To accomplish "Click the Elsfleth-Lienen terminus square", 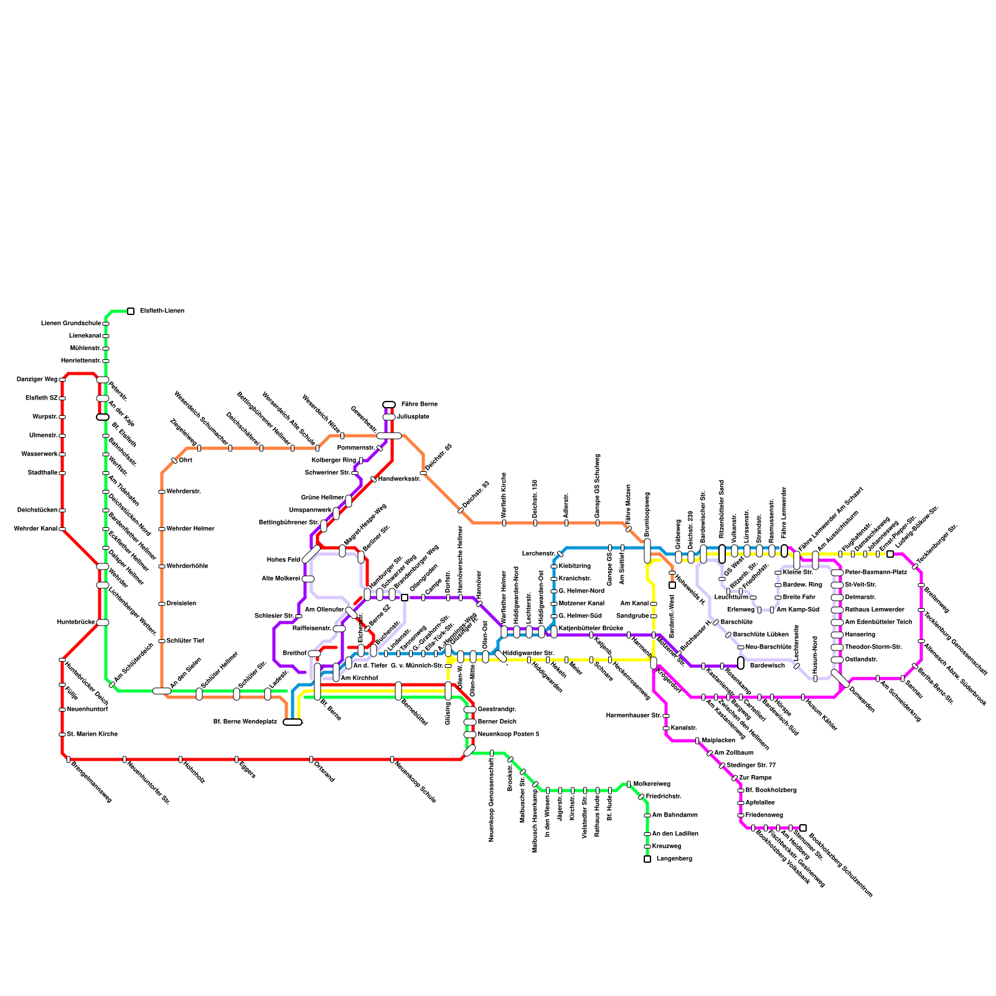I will (x=131, y=311).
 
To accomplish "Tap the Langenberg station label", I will (x=674, y=859).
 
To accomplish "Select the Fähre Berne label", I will (x=419, y=405).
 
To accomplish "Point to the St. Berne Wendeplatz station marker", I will (x=293, y=722).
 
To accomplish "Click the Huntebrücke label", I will (x=75, y=622).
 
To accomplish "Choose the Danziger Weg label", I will (x=37, y=380).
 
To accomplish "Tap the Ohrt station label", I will (x=186, y=461).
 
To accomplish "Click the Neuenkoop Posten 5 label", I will (x=508, y=735).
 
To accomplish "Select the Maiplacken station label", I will (x=718, y=741).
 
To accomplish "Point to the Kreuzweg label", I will (x=666, y=847).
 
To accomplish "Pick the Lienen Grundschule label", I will (x=71, y=324).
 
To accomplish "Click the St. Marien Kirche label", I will (x=92, y=735).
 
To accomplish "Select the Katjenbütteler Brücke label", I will (x=591, y=629).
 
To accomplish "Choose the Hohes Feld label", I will (x=283, y=560).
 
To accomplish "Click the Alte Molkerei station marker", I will (x=308, y=579).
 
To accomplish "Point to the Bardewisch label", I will (x=767, y=666).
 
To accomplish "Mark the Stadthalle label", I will (x=42, y=473).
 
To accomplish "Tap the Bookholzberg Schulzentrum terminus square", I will (x=803, y=828).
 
